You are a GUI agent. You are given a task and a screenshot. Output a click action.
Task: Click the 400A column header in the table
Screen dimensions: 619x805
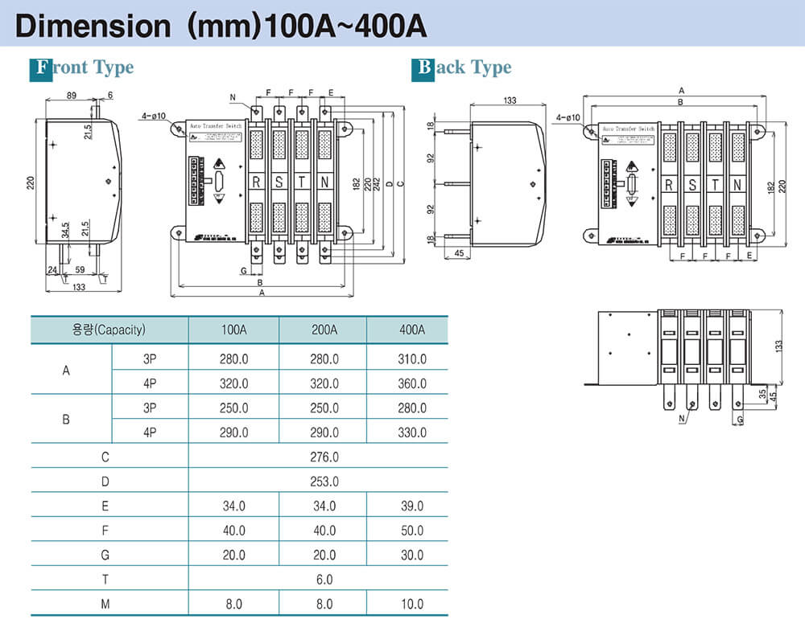411,329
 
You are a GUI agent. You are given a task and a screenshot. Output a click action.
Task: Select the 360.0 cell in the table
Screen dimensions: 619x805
411,383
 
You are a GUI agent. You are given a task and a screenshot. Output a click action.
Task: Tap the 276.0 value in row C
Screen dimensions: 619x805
324,457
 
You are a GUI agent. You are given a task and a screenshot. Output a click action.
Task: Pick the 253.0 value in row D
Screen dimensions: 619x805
324,482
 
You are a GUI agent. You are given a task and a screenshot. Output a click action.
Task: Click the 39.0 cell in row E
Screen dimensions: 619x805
411,506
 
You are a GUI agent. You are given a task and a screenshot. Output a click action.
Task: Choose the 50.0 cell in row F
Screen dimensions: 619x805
411,531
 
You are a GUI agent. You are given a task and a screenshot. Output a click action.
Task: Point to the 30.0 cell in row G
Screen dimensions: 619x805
411,555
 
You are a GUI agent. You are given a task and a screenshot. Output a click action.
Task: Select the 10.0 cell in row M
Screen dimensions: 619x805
411,604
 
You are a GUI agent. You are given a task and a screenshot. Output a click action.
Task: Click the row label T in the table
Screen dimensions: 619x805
105,580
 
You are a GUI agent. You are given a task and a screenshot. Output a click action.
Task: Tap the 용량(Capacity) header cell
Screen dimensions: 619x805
108,329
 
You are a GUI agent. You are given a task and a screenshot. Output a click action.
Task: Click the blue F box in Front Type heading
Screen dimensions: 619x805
39,67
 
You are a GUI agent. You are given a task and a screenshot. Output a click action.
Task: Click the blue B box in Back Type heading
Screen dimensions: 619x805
423,67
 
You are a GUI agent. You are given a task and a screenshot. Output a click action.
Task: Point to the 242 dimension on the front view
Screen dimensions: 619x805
378,182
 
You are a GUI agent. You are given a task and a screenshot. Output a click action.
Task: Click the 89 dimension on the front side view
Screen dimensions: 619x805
72,96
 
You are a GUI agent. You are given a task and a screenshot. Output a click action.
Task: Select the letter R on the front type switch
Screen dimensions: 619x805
256,182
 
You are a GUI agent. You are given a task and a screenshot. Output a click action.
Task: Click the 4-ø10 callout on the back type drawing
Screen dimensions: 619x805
568,117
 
